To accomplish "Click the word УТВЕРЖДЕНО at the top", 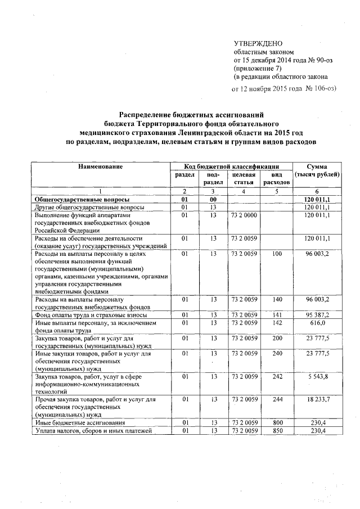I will [258, 43].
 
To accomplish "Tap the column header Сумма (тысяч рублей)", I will [318, 170].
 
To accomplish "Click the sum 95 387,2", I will [318, 314].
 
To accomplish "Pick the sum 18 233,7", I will [318, 399].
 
